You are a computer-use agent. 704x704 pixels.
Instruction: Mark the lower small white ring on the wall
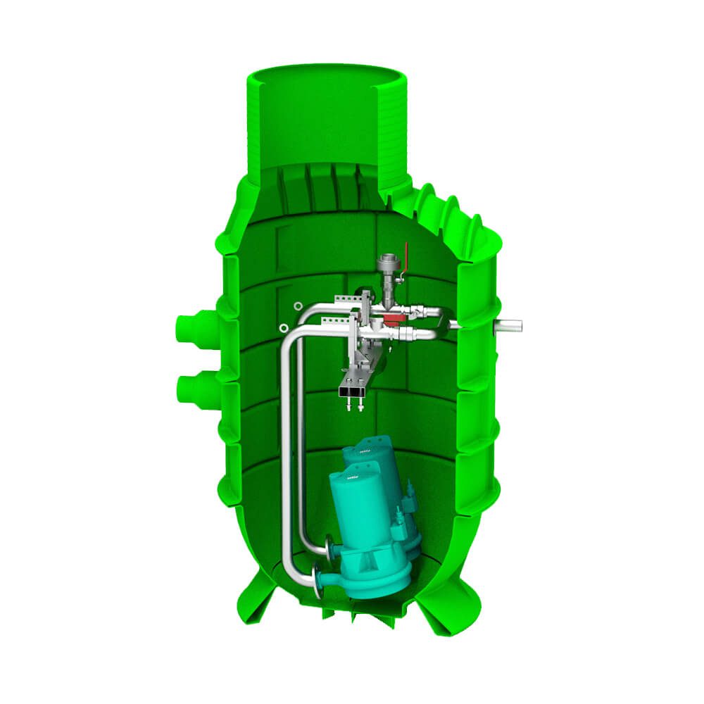point(283,327)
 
